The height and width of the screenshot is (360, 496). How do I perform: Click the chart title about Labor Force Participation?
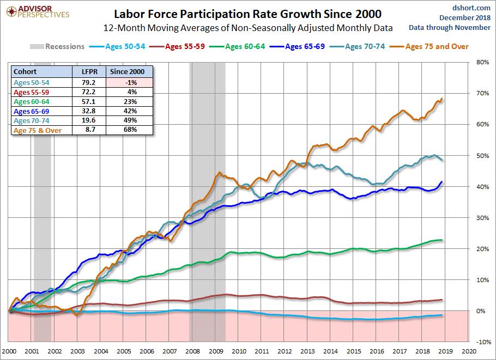point(247,13)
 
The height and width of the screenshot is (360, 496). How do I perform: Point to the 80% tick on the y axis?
point(482,62)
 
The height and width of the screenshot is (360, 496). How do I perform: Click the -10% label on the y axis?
point(481,342)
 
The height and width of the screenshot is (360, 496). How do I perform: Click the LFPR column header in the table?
point(89,72)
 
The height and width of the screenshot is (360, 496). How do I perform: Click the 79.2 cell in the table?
point(89,82)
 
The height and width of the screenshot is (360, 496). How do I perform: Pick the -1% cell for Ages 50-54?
point(130,82)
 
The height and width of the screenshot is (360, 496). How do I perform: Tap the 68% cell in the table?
point(130,130)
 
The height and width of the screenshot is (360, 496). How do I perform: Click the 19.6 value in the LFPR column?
point(89,120)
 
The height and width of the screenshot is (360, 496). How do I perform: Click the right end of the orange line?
point(441,99)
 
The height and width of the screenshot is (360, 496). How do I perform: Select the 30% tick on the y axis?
point(482,217)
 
